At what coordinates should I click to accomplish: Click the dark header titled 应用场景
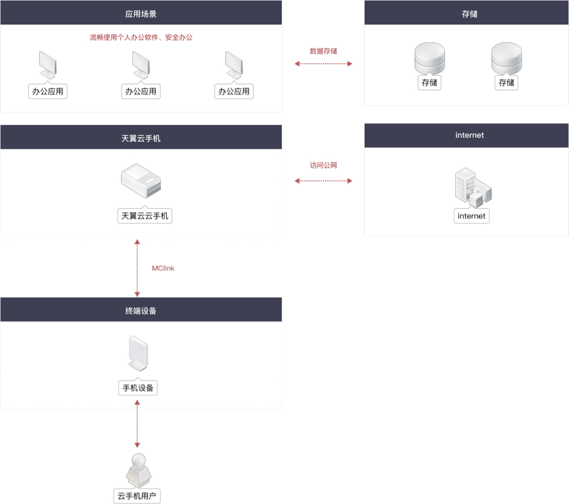pyautogui.click(x=141, y=13)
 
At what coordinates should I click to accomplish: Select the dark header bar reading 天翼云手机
pyautogui.click(x=141, y=138)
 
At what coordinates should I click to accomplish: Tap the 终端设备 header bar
pyautogui.click(x=141, y=310)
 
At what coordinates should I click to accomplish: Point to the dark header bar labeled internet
pyautogui.click(x=467, y=135)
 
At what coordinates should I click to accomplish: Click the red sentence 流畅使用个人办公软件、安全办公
pyautogui.click(x=141, y=38)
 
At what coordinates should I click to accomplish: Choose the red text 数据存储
pyautogui.click(x=323, y=51)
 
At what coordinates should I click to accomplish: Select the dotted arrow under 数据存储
pyautogui.click(x=323, y=64)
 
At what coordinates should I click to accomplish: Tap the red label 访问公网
pyautogui.click(x=323, y=166)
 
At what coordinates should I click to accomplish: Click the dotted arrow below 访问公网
pyautogui.click(x=323, y=181)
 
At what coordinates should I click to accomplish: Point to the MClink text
pyautogui.click(x=163, y=268)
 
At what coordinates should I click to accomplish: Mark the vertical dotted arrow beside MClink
pyautogui.click(x=137, y=268)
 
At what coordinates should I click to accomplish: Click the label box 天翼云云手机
pyautogui.click(x=145, y=216)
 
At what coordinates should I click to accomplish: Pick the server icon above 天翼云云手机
pyautogui.click(x=142, y=180)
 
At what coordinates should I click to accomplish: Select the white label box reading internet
pyautogui.click(x=472, y=216)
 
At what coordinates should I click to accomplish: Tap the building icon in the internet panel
pyautogui.click(x=472, y=188)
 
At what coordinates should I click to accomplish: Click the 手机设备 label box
pyautogui.click(x=138, y=388)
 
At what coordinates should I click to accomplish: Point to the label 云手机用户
pyautogui.click(x=137, y=495)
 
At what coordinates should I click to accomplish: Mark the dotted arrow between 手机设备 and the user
pyautogui.click(x=137, y=423)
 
